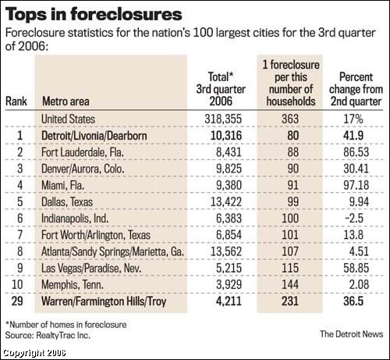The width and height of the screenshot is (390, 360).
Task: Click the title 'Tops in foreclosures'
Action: click(94, 14)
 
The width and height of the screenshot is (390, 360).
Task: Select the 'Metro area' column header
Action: click(66, 102)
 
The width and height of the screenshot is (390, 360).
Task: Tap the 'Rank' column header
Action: click(16, 102)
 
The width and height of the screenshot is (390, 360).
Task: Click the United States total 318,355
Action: click(223, 119)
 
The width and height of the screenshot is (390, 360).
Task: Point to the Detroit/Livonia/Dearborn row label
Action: click(94, 136)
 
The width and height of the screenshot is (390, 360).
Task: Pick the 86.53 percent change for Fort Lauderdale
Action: click(356, 152)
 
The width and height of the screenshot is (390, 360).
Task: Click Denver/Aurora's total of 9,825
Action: click(229, 169)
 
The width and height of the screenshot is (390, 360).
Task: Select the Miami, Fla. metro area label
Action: click(62, 185)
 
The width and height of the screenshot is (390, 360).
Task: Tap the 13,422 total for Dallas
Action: click(226, 201)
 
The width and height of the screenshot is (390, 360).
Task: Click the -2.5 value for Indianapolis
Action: click(354, 218)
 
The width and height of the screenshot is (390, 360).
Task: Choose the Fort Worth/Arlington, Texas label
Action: click(96, 235)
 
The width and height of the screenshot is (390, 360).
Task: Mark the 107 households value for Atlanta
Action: click(290, 251)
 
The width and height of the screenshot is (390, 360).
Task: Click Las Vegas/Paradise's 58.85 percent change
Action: click(356, 268)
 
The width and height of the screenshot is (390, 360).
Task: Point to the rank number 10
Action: click(17, 284)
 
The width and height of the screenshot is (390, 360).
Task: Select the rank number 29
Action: click(17, 301)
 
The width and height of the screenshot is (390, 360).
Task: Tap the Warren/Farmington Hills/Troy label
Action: click(104, 301)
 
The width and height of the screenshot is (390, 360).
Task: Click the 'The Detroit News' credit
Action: click(352, 334)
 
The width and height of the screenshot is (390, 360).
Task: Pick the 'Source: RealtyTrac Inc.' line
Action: click(48, 335)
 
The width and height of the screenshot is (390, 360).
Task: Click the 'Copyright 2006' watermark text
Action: click(34, 353)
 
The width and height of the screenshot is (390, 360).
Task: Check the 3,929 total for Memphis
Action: click(229, 284)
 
